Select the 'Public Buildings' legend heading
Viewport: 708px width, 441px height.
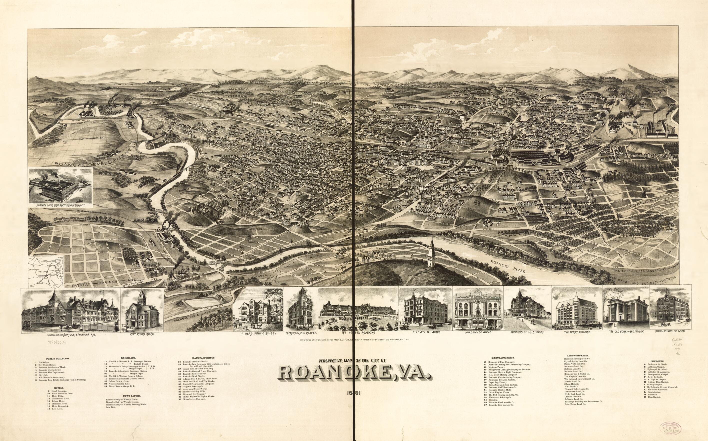coord(56,359)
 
